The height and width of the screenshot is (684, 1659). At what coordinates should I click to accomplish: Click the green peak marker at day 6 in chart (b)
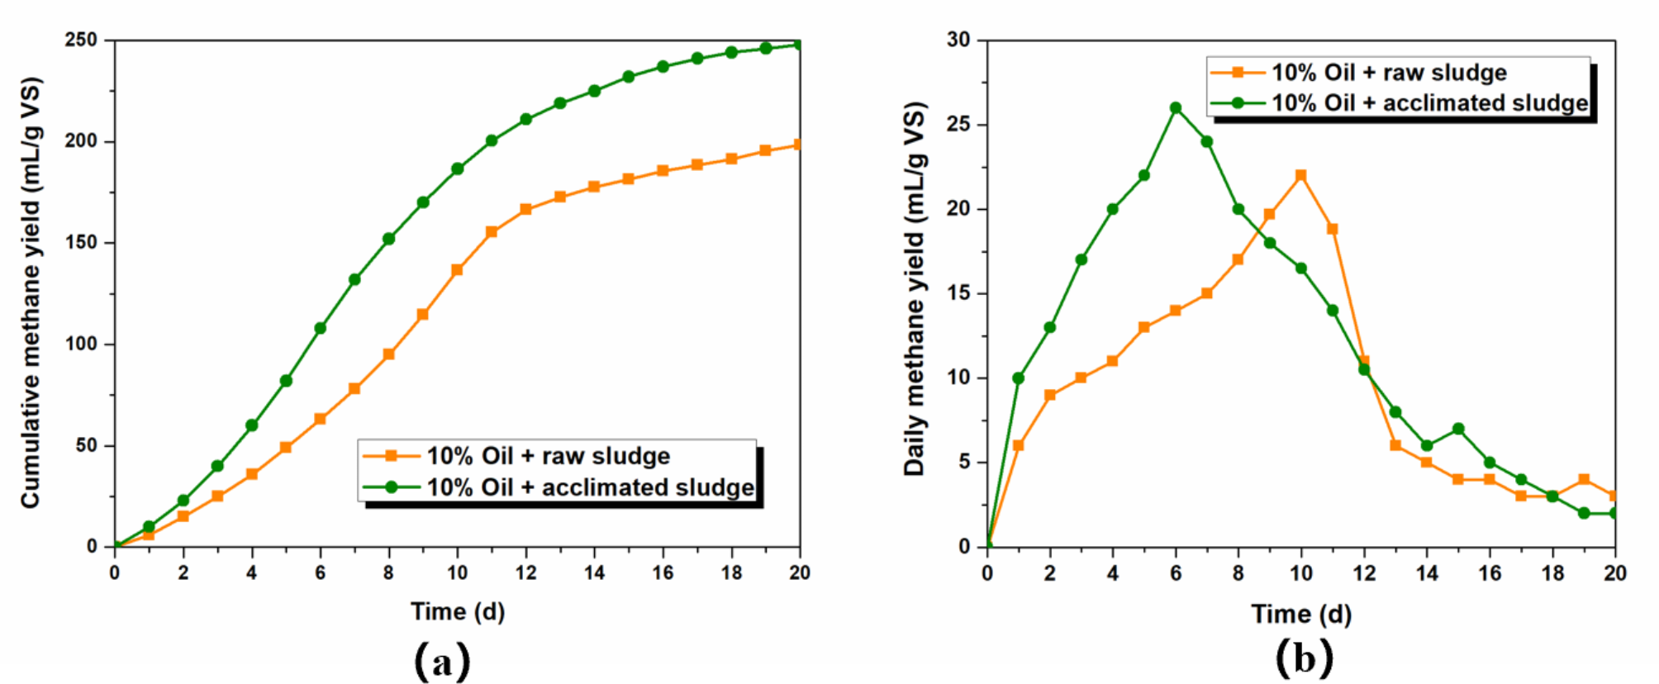[x=1176, y=108]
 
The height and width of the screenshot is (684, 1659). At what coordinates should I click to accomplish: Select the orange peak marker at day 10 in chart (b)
[x=1301, y=175]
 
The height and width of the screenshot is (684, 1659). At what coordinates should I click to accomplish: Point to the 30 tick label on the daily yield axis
[x=958, y=40]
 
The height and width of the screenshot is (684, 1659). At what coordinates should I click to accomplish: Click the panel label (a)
[x=442, y=661]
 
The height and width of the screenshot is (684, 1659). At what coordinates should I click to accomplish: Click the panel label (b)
[x=1305, y=658]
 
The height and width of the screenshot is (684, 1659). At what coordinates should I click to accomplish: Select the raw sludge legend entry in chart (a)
[x=547, y=456]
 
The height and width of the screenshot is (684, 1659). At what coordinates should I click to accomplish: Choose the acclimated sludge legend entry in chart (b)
[x=1428, y=103]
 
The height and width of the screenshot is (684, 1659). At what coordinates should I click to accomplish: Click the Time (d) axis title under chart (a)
[x=458, y=612]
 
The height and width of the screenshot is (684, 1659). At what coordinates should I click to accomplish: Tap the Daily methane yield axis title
[x=915, y=289]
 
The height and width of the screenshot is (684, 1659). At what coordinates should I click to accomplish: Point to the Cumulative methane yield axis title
[x=31, y=293]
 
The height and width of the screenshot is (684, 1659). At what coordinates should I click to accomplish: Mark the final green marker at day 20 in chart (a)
[x=798, y=45]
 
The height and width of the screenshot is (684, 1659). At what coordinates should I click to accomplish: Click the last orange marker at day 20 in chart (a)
[x=798, y=145]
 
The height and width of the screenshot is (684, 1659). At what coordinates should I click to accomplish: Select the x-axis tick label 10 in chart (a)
[x=457, y=572]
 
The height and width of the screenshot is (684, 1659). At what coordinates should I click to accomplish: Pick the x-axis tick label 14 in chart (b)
[x=1427, y=573]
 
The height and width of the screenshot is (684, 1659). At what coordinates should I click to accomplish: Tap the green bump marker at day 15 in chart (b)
[x=1458, y=429]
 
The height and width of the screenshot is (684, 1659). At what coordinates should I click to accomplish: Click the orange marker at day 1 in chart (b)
[x=1018, y=445]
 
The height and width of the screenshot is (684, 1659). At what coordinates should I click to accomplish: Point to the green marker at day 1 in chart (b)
[x=1018, y=378]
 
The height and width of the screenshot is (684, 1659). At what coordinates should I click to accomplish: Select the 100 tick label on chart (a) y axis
[x=81, y=344]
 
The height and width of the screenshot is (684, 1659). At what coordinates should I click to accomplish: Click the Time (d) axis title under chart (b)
[x=1301, y=614]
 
